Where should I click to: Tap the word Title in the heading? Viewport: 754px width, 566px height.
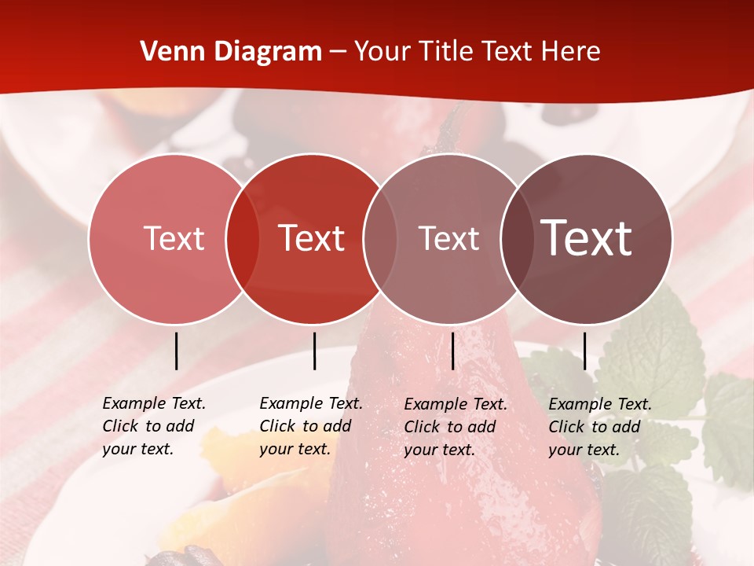(445, 52)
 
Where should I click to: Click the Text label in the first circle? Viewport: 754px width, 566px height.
(174, 238)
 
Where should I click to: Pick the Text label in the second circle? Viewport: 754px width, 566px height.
(312, 238)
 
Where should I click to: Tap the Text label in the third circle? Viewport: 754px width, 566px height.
(448, 238)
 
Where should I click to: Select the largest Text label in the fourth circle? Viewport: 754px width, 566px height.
(586, 238)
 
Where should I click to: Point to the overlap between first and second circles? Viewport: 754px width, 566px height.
(243, 238)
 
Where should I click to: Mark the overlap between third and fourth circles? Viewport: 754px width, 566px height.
(517, 238)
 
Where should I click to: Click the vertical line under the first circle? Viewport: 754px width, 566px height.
(176, 351)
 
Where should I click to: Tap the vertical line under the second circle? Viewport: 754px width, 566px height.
(314, 351)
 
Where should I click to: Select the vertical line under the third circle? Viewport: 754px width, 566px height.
(452, 351)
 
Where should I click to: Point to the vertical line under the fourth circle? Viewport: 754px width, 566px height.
(584, 351)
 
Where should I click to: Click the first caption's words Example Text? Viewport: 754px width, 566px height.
(154, 403)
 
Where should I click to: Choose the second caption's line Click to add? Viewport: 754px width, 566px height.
(305, 426)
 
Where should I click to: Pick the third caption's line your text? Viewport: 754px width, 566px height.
(439, 450)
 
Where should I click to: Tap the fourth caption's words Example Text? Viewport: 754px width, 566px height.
(600, 404)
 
